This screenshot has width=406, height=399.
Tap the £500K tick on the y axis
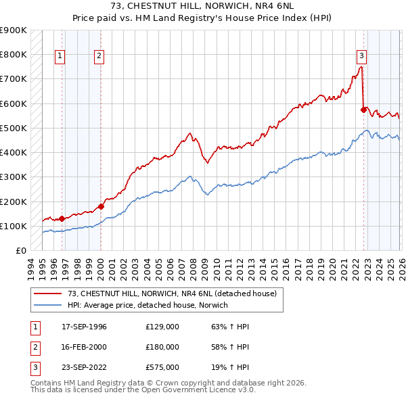14,128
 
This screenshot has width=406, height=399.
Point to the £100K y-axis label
14,226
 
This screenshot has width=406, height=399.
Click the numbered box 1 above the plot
60,56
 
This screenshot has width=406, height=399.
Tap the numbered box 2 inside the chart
99,56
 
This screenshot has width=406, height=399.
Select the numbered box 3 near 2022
361,56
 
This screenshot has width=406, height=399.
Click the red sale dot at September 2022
363,110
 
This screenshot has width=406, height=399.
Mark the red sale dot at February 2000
101,206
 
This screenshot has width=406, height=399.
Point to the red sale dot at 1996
62,218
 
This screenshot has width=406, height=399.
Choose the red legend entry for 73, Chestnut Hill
172,294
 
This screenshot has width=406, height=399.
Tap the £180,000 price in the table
162,347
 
